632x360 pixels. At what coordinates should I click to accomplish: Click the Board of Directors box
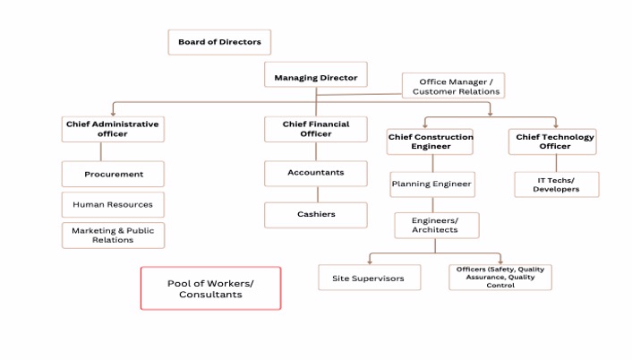219,42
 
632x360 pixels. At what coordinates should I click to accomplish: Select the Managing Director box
315,78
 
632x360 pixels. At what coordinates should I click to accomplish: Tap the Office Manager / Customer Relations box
453,87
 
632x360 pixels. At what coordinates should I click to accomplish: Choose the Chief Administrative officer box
113,129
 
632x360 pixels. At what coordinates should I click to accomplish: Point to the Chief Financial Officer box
315,129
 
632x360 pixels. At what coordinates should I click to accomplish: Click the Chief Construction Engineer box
430,141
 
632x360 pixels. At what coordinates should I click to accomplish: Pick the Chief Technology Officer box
555,141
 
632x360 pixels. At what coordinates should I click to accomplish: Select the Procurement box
113,174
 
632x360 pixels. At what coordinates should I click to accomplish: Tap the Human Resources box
113,204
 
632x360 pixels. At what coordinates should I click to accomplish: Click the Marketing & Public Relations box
113,236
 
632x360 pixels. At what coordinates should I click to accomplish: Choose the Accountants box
315,173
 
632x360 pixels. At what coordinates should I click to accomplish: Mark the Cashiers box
315,215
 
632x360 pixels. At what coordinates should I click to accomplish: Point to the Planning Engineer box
431,184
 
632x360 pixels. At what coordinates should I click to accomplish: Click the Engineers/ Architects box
436,225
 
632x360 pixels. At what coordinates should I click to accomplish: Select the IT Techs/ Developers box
556,184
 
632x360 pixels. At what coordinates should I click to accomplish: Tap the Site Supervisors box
368,278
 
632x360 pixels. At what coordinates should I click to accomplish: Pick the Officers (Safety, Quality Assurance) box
500,278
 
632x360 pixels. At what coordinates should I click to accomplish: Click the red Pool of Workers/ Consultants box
210,288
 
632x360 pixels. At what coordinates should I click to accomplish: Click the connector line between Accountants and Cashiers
315,194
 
